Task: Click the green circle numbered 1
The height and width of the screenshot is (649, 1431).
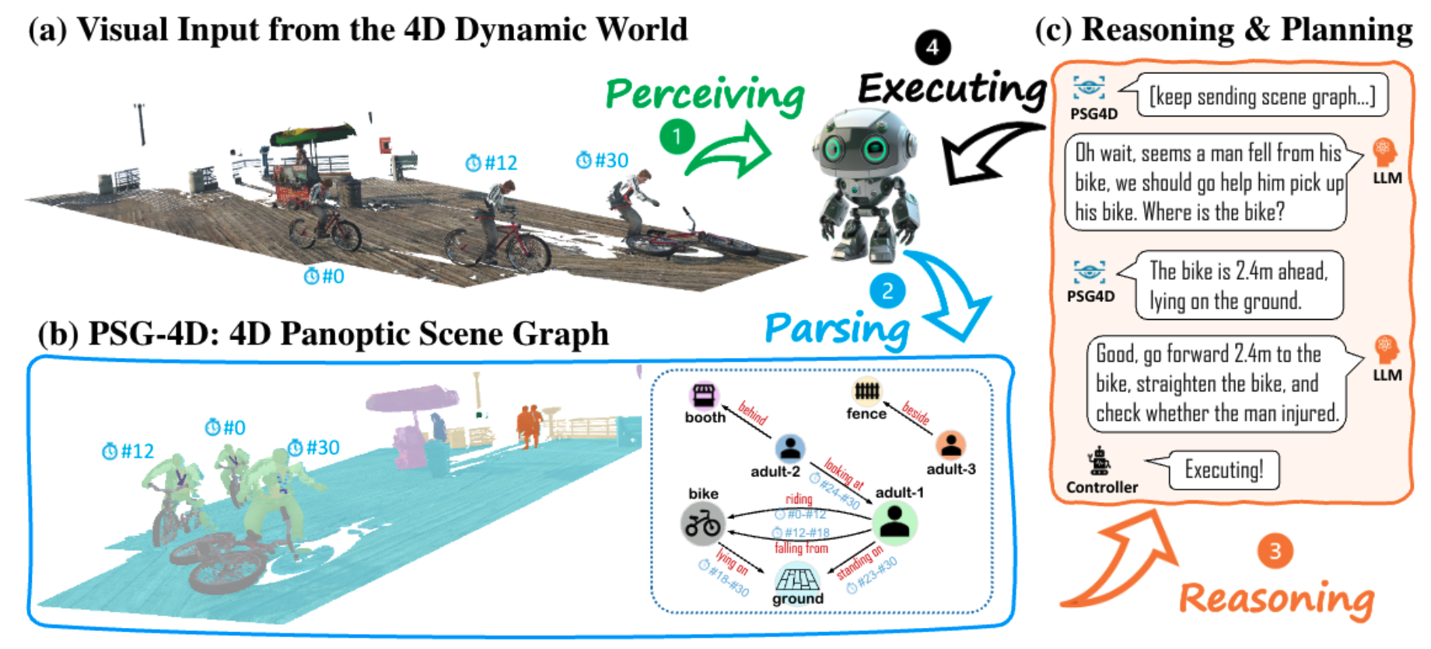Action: (677, 137)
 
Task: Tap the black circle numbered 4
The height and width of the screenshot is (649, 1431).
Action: (932, 47)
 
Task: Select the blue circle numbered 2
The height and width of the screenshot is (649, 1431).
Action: (887, 292)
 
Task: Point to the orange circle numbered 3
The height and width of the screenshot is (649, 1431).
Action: (1275, 551)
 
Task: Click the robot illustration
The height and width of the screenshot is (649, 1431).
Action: (865, 184)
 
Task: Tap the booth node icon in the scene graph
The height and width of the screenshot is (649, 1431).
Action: (704, 395)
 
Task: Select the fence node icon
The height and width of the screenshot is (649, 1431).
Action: (866, 390)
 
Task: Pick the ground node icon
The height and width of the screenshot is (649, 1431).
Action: (797, 578)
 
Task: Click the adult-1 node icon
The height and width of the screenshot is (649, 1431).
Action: (895, 521)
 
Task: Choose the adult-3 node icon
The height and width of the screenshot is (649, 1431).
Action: (950, 445)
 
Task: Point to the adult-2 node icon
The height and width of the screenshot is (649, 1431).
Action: (790, 447)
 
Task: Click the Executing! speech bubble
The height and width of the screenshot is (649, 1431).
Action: (1223, 470)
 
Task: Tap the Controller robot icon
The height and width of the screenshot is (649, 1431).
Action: (1099, 461)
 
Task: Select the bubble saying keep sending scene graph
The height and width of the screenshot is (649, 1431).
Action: (1261, 96)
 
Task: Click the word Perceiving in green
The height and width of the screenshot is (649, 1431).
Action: (705, 96)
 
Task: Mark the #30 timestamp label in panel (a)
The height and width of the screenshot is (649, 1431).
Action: (603, 160)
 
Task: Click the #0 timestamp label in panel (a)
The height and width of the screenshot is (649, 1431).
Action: (324, 275)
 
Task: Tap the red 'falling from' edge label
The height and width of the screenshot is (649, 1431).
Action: (801, 548)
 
